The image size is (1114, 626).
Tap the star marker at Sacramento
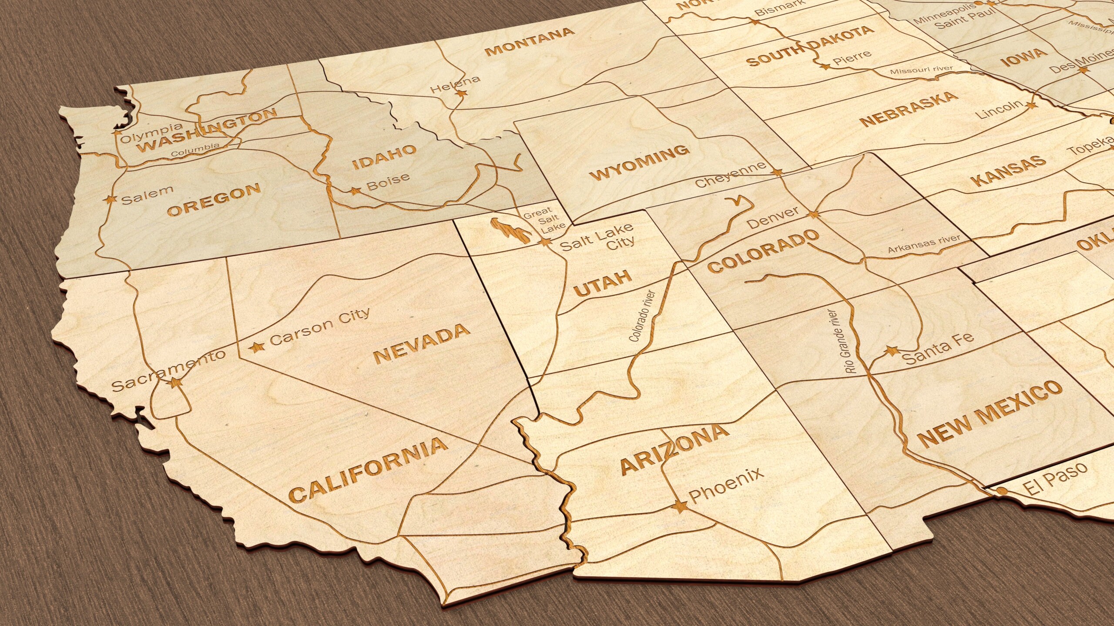(x=175, y=382)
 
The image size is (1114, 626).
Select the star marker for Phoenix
(x=679, y=506)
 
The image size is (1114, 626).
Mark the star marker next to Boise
(x=356, y=190)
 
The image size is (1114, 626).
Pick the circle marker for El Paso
(x=1001, y=491)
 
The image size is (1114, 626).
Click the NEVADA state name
(x=422, y=343)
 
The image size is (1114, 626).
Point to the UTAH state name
(x=603, y=283)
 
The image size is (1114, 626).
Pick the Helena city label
(x=455, y=84)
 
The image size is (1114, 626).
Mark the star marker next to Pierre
(x=824, y=67)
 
